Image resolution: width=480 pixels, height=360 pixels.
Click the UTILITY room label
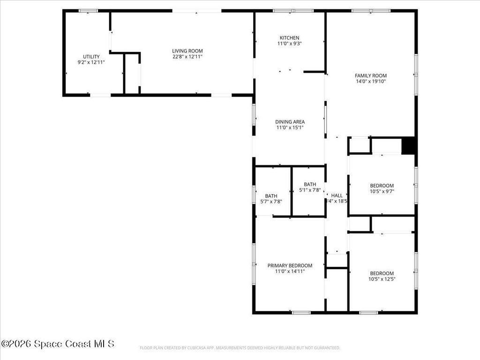tap(91, 56)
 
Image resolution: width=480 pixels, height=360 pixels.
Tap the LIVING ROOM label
tap(187, 51)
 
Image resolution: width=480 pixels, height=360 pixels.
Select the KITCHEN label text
tap(289, 38)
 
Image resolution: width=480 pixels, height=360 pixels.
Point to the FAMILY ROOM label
tap(370, 75)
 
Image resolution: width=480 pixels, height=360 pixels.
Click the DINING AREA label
tap(290, 122)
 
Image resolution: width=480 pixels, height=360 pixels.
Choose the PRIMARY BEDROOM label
tap(290, 265)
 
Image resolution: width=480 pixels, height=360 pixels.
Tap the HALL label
tap(337, 195)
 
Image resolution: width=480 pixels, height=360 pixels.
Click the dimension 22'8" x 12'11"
tap(187, 57)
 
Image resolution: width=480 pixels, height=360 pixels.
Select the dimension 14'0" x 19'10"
tap(370, 82)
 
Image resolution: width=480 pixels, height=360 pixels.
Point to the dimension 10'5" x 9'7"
tap(382, 191)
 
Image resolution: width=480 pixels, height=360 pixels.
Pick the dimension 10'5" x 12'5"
tap(382, 279)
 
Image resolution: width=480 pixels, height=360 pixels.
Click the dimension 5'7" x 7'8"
tap(271, 202)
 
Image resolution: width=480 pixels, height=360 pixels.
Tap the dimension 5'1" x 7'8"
tap(310, 190)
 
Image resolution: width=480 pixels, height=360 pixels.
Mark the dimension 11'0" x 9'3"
tap(289, 44)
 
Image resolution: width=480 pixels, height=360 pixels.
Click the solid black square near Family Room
tap(409, 145)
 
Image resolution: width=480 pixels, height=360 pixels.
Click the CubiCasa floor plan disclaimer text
tap(240, 348)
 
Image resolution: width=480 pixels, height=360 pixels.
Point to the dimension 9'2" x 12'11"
tap(91, 62)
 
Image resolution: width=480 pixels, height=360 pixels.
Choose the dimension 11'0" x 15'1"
tap(290, 127)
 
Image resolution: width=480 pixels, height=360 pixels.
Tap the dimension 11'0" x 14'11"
tap(290, 271)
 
